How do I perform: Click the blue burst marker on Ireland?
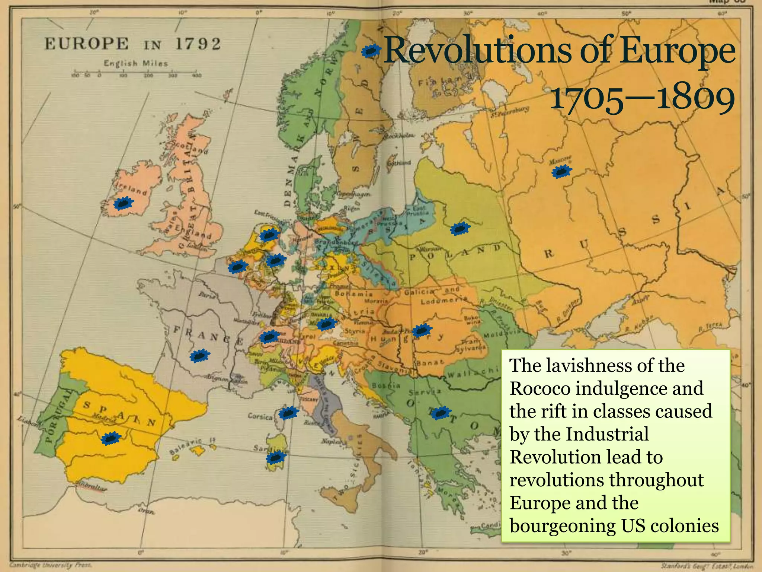pos(123,203)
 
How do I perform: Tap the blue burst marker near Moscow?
pos(561,171)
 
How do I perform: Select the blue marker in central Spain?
pos(111,439)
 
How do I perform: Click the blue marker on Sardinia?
pos(276,457)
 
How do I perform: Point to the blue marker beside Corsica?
pos(288,413)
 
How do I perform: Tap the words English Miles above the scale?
pos(135,63)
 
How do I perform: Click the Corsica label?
pos(260,416)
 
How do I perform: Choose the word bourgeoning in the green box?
pos(562,526)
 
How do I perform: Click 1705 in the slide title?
pos(586,100)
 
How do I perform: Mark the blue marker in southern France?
pos(200,356)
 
